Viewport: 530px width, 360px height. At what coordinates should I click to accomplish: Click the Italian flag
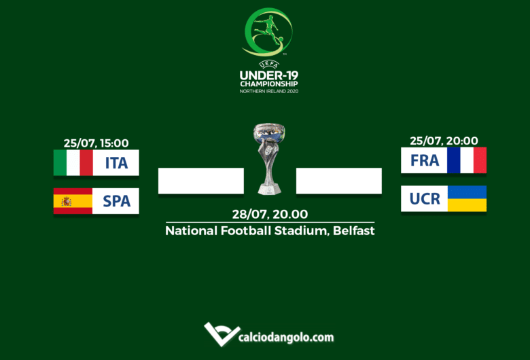(73, 162)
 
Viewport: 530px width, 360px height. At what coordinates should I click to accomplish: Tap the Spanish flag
(73, 201)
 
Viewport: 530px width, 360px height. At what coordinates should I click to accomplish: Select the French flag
(467, 160)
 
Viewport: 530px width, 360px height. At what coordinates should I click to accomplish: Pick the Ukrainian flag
(467, 198)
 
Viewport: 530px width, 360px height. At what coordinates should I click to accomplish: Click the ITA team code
(116, 163)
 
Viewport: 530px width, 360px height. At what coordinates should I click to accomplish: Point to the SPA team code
(116, 201)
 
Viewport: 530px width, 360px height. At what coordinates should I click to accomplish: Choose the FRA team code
(425, 161)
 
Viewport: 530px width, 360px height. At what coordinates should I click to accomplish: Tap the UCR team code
(425, 199)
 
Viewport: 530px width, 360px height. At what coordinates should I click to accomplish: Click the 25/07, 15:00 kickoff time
(96, 143)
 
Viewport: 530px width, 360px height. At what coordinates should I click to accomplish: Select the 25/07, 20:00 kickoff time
(444, 141)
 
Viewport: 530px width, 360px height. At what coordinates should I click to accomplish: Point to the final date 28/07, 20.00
(270, 214)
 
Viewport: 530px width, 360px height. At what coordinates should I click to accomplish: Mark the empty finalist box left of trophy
(200, 181)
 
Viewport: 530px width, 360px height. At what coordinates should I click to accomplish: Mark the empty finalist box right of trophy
(338, 181)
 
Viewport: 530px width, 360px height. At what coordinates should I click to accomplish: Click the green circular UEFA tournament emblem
(268, 32)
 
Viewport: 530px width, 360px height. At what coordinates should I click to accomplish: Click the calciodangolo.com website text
(286, 337)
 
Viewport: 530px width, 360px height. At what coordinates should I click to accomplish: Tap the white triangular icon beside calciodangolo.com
(221, 334)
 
